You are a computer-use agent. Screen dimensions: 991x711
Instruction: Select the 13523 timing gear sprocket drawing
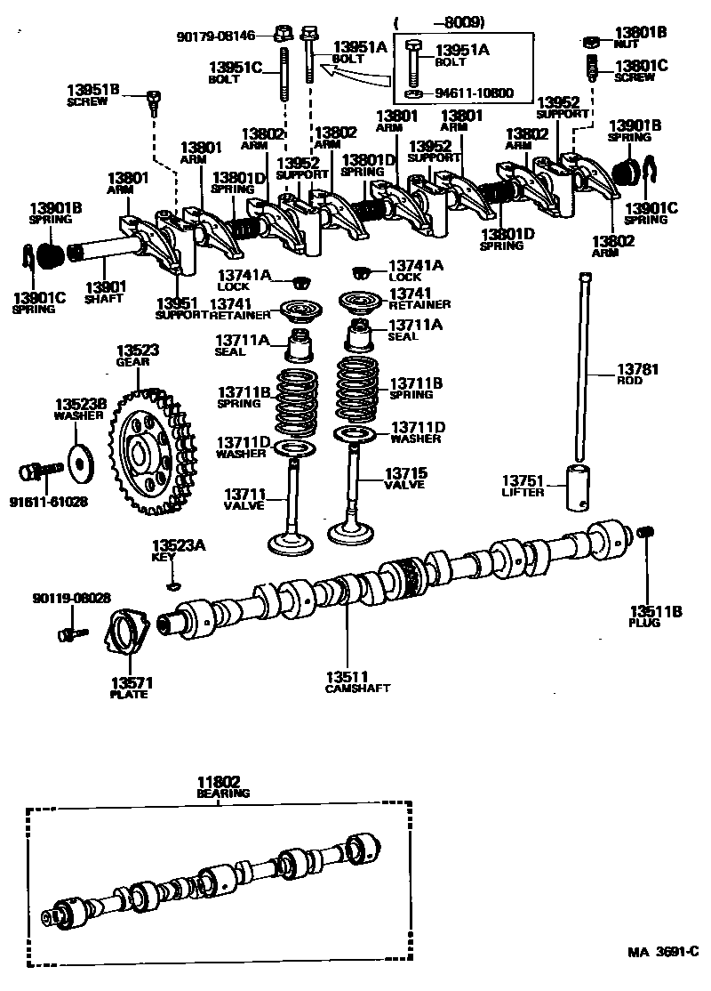[151, 451]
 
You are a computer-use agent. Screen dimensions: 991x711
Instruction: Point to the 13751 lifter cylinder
[575, 486]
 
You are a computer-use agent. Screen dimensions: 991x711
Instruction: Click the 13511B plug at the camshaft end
[646, 532]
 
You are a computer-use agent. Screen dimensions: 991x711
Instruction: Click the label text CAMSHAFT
[357, 689]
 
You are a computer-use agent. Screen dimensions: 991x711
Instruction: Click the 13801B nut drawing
[592, 41]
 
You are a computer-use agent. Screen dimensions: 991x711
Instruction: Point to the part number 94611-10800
[473, 93]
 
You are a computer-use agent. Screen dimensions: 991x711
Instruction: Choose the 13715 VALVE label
[404, 479]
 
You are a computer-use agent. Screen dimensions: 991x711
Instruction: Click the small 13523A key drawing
[173, 585]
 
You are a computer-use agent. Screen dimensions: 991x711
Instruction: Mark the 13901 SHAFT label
[106, 291]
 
